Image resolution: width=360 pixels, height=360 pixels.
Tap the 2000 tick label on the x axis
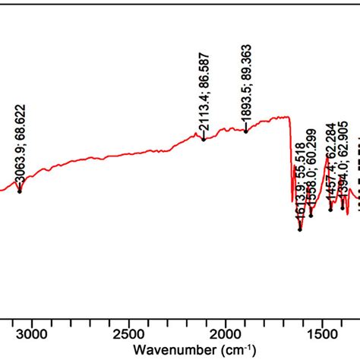click(x=225, y=331)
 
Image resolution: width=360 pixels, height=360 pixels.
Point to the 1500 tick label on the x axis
click(x=321, y=331)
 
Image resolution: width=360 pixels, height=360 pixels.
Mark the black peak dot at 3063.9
click(x=19, y=191)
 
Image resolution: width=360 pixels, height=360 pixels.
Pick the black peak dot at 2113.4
click(x=204, y=139)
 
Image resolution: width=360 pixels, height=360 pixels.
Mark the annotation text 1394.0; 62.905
click(x=343, y=162)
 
